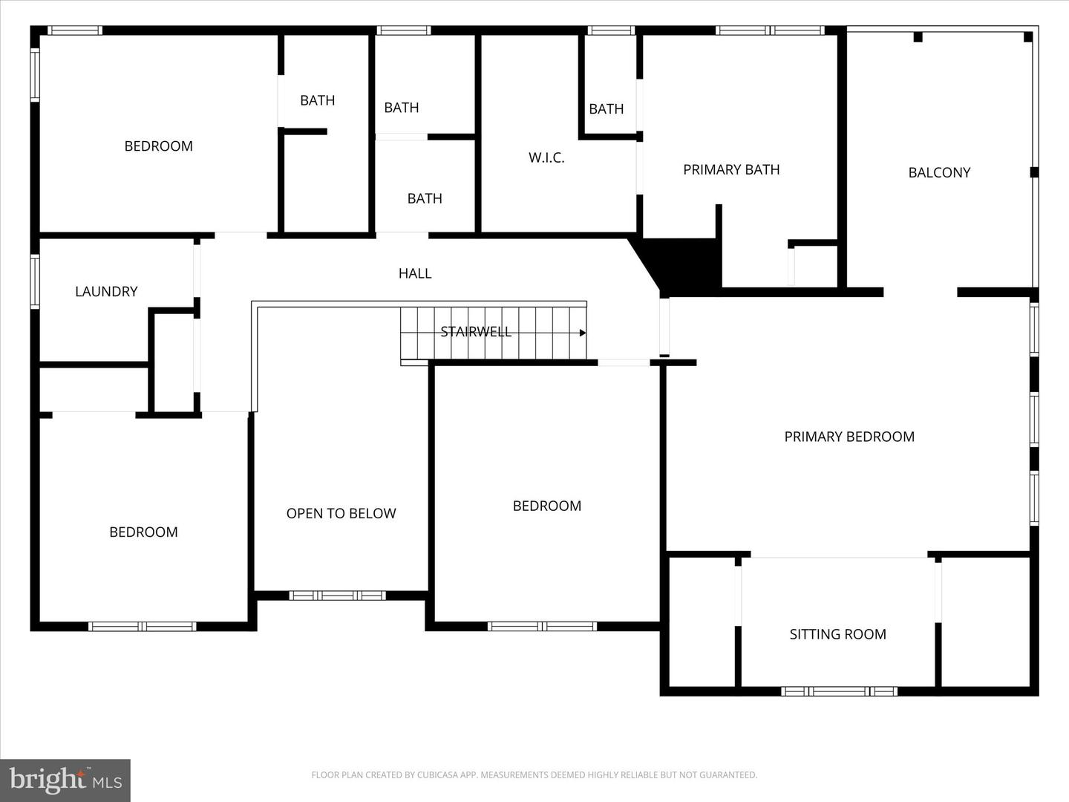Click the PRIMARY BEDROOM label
point(849,437)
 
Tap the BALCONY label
point(939,172)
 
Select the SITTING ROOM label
point(837,634)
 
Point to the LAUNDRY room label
point(106,292)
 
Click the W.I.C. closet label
point(546,157)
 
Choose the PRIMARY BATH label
point(731,169)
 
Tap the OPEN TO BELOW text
point(341,513)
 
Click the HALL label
point(415,273)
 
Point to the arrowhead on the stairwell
point(583,333)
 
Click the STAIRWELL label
point(476,332)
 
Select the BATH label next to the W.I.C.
point(606,109)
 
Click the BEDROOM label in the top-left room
point(158,146)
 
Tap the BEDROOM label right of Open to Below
point(546,506)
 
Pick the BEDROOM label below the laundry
point(143,532)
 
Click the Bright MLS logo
point(65,780)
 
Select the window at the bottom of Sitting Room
point(839,691)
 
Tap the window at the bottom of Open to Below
point(337,596)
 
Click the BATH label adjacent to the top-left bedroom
point(317,100)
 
